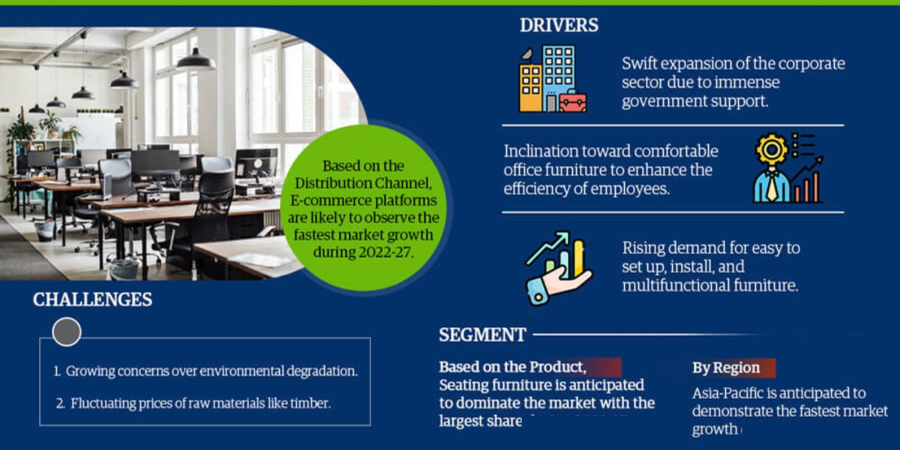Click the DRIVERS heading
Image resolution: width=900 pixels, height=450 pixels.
pyautogui.click(x=559, y=25)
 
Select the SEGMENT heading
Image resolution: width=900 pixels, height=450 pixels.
pyautogui.click(x=482, y=334)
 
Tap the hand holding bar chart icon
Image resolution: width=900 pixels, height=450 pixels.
pyautogui.click(x=558, y=267)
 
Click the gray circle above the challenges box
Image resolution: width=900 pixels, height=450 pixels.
pyautogui.click(x=66, y=331)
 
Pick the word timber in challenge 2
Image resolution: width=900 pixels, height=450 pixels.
pyautogui.click(x=313, y=403)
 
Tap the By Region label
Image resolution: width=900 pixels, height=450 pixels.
pyautogui.click(x=725, y=368)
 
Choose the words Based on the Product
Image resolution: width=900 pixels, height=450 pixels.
pyautogui.click(x=511, y=367)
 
